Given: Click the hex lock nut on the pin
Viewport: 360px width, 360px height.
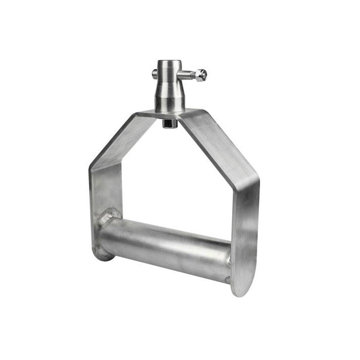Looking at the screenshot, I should (x=200, y=75).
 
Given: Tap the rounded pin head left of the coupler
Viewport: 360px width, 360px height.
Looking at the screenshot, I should (x=154, y=74).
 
